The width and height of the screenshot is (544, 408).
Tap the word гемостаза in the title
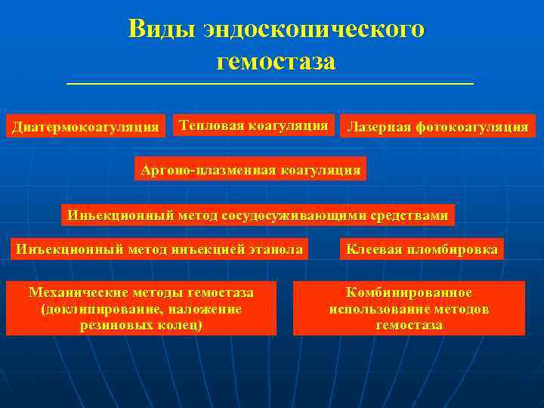tap(276, 61)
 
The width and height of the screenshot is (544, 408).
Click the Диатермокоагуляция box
tap(86, 126)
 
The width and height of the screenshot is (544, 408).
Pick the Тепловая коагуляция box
tap(253, 125)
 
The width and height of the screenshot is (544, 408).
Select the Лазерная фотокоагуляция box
tap(437, 126)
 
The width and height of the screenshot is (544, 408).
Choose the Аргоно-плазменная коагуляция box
tap(250, 169)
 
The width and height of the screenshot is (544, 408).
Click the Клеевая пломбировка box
tap(422, 249)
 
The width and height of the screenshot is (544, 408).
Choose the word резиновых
tap(113, 326)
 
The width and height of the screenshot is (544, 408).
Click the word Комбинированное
tap(409, 292)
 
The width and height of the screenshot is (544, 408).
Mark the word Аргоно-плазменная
tap(208, 169)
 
